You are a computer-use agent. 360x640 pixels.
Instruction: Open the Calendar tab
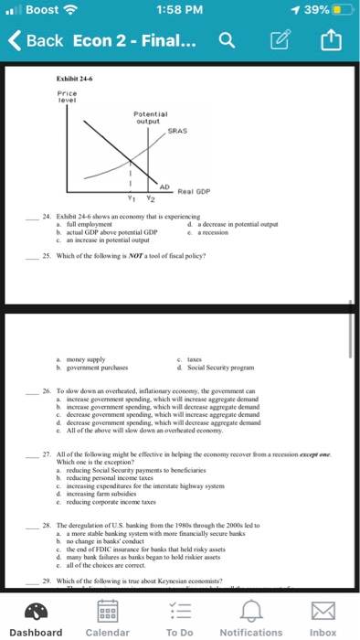pyautogui.click(x=107, y=616)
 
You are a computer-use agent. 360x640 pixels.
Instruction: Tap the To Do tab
pyautogui.click(x=180, y=616)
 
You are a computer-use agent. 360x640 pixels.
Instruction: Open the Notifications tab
pyautogui.click(x=251, y=616)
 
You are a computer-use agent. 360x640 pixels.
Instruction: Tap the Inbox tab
pyautogui.click(x=323, y=616)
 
